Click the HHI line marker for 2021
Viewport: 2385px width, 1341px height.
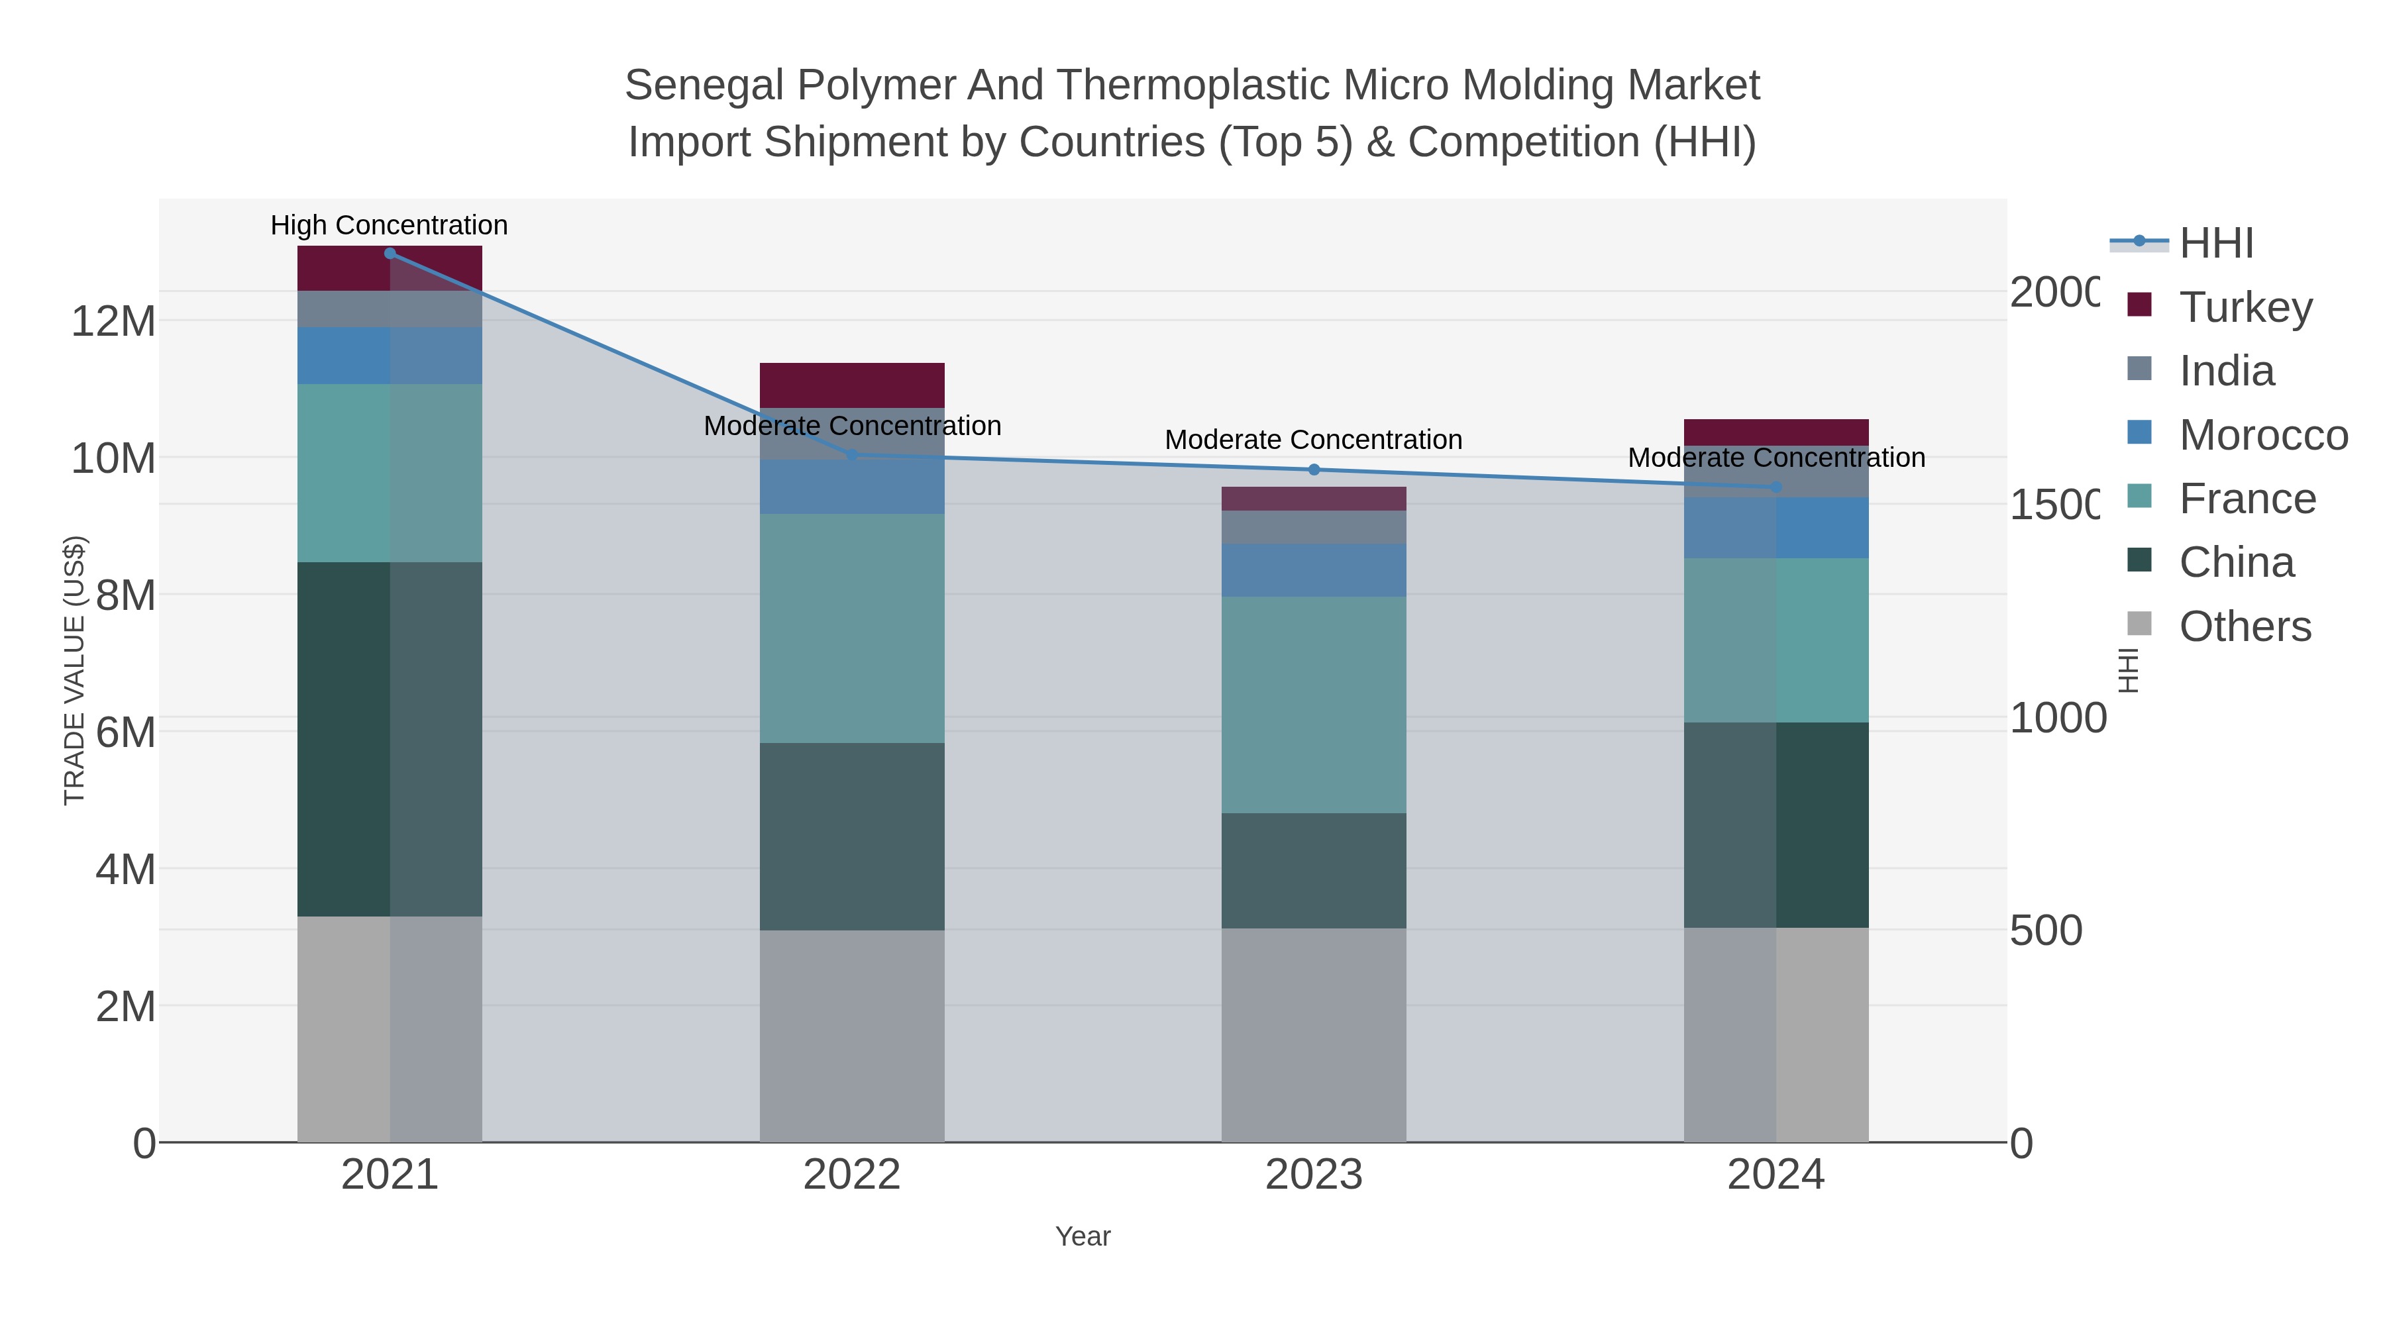[x=390, y=254]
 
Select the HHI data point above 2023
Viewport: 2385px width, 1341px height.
[x=1314, y=470]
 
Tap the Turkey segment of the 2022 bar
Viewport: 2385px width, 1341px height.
[x=852, y=385]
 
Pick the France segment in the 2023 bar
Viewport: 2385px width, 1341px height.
[x=1314, y=705]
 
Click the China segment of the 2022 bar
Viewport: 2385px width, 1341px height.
[x=852, y=836]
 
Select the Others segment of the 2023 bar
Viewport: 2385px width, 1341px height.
[x=1314, y=1034]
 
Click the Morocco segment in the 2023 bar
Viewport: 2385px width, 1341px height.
[x=1314, y=570]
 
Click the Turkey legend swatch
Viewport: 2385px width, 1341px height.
[x=2139, y=305]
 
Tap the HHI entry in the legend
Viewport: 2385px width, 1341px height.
[x=2215, y=244]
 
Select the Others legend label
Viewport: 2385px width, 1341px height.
[x=2245, y=626]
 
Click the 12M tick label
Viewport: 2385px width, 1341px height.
[x=113, y=321]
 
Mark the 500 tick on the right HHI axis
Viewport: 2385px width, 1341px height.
[x=2045, y=930]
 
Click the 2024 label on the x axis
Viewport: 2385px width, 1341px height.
[x=1775, y=1174]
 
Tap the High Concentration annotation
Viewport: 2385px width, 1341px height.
[x=389, y=225]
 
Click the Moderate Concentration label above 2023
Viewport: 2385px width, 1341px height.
[x=1313, y=440]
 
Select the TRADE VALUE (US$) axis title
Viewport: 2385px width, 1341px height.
[x=74, y=670]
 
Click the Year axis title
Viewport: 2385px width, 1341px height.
[x=1083, y=1236]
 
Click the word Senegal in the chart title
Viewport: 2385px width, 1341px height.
[x=704, y=85]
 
